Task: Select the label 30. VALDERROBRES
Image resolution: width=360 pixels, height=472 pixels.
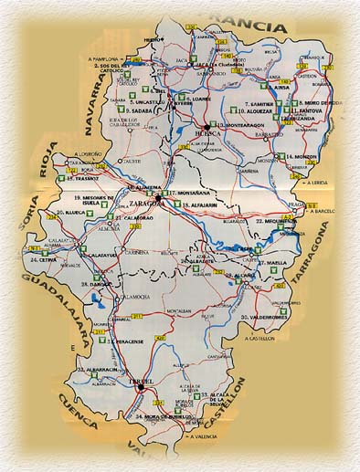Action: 268,316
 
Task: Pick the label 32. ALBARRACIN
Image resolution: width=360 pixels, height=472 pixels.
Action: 98,370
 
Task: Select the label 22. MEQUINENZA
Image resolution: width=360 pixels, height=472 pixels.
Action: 273,221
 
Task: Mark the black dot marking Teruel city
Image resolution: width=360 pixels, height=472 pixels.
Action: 140,387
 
